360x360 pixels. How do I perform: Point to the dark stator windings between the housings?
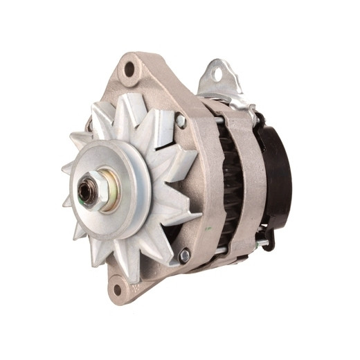coord(232,187)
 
